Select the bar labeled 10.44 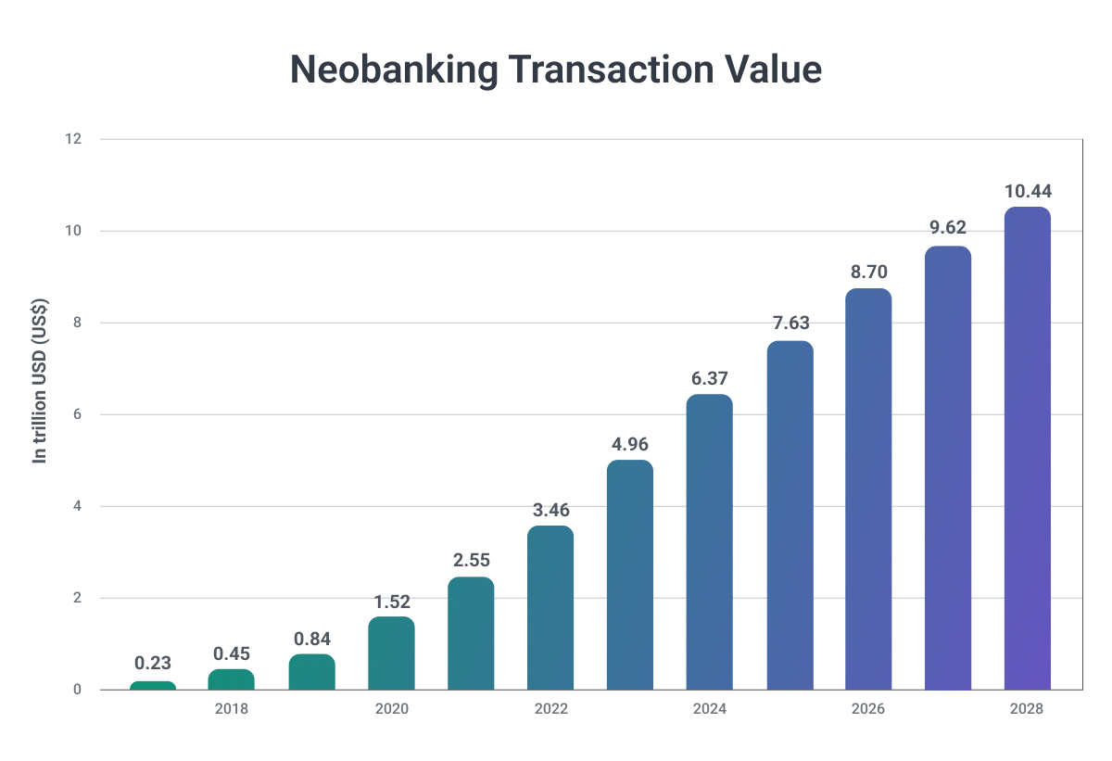tap(1028, 449)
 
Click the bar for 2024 tap(710, 542)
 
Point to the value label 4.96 tap(630, 443)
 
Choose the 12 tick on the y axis tap(73, 139)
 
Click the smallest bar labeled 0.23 tap(153, 685)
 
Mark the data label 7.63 tap(790, 323)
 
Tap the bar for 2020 tap(391, 653)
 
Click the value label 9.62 tap(948, 228)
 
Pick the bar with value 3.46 tap(550, 608)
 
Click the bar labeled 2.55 tap(471, 633)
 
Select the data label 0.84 tap(311, 638)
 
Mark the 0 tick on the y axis tap(77, 690)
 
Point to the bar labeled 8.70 tap(868, 489)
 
